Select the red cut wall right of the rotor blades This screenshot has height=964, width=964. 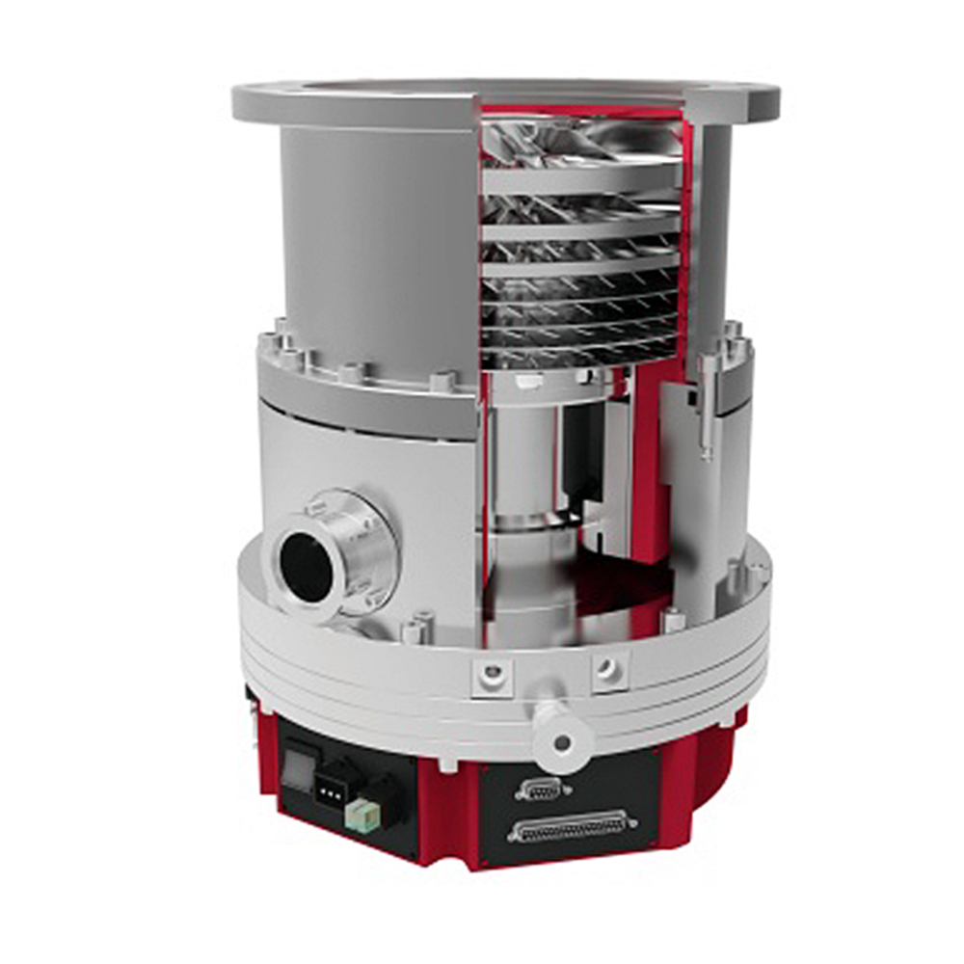click(x=685, y=241)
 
